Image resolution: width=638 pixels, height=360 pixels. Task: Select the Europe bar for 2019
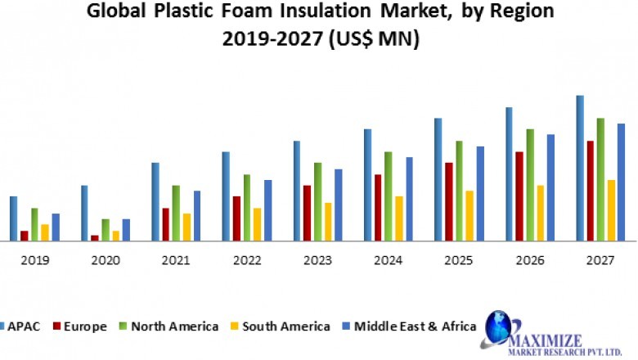(24, 236)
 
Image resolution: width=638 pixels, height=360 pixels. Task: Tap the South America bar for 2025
(469, 216)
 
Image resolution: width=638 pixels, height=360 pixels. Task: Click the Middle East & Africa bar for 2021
(197, 216)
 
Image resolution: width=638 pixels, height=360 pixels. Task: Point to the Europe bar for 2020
(95, 238)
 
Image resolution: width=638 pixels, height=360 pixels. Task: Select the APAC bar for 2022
(226, 196)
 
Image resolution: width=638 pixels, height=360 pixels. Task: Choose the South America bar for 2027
(611, 210)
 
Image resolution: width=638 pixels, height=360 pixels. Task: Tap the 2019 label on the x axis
(35, 260)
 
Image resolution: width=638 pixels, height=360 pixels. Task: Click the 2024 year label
(388, 260)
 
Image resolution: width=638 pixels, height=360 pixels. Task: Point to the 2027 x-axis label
(600, 260)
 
